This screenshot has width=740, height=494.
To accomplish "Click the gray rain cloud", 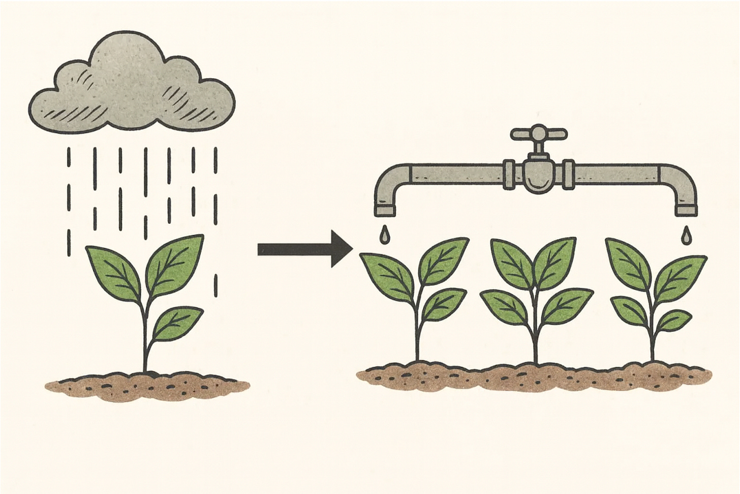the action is coord(132,86).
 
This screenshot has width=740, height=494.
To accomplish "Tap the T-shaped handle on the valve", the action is coord(538,134).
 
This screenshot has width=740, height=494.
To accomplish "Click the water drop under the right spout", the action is coord(687,234).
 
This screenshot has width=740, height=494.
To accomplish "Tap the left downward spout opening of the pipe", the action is coord(385,210).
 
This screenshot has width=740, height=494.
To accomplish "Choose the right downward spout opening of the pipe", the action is coord(686,210).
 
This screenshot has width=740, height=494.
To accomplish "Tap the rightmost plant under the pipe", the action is coord(656,295).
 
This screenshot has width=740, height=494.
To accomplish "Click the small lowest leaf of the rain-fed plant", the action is coord(175,322).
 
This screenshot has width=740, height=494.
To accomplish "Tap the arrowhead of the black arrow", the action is coord(341,249).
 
